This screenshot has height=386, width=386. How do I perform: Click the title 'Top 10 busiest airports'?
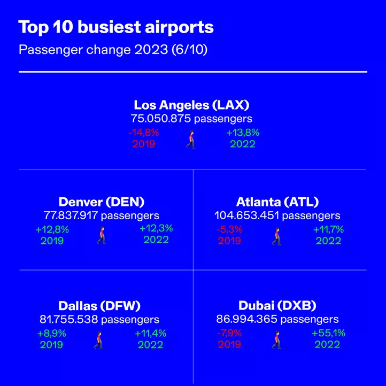(x=116, y=27)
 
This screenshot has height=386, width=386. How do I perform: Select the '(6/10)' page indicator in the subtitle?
(x=189, y=50)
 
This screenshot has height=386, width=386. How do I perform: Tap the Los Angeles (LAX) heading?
(x=191, y=105)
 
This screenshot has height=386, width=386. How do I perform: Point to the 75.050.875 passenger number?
(x=161, y=118)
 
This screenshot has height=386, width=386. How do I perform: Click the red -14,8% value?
(x=144, y=133)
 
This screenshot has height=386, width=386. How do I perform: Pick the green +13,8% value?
(x=243, y=133)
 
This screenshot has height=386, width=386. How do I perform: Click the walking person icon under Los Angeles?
(x=191, y=140)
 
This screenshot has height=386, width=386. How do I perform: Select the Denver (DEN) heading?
(x=102, y=202)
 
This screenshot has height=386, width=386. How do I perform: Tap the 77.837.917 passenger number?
(x=71, y=215)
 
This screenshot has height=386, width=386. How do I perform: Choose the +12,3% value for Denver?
(x=156, y=228)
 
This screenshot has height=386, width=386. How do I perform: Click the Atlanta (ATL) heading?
(x=277, y=202)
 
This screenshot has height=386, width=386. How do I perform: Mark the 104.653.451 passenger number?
(x=246, y=215)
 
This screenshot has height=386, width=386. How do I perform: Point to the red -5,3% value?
(x=229, y=229)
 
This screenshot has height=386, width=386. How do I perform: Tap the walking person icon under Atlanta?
(x=277, y=236)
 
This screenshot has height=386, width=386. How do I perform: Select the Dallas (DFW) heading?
(x=99, y=306)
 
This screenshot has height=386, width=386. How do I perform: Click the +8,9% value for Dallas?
(x=52, y=334)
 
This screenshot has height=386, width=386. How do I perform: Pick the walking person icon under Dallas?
(x=98, y=340)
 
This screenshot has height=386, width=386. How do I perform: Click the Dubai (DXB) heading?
(x=277, y=306)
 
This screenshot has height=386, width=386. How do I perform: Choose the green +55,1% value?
(x=328, y=333)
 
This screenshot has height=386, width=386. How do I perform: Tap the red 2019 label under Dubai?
(x=229, y=344)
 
